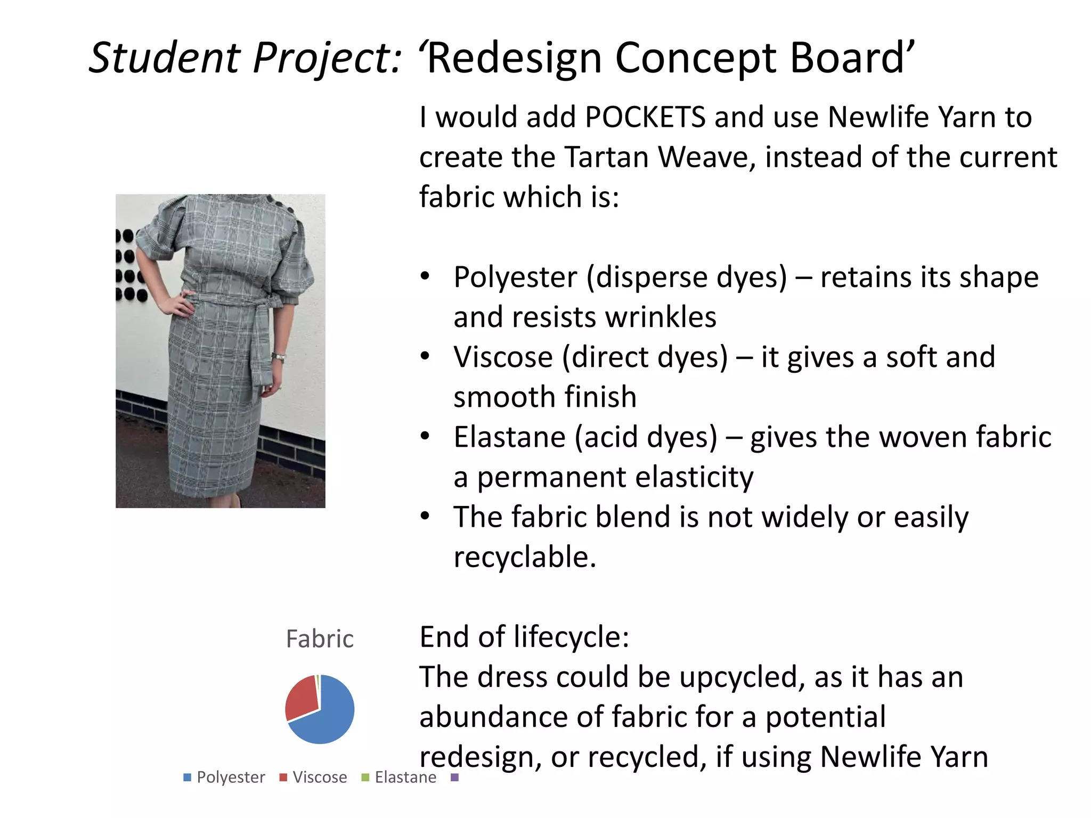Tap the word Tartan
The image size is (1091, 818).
coord(606,157)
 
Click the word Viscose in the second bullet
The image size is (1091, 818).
coord(503,357)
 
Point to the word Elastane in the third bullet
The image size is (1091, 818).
coord(509,437)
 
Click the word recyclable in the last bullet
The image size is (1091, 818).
coord(524,557)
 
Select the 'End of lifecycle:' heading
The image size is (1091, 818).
coord(524,637)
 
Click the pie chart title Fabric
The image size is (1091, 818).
coord(320,639)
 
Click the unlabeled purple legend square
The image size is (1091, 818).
coord(454,778)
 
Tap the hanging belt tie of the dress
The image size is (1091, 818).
coord(261,346)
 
